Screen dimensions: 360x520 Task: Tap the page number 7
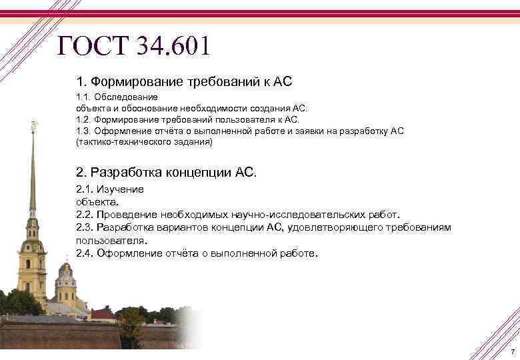[512, 351]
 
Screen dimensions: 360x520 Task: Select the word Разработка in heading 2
[125, 172]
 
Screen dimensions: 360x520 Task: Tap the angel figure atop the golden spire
[33, 125]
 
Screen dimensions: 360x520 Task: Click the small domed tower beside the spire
[65, 280]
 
